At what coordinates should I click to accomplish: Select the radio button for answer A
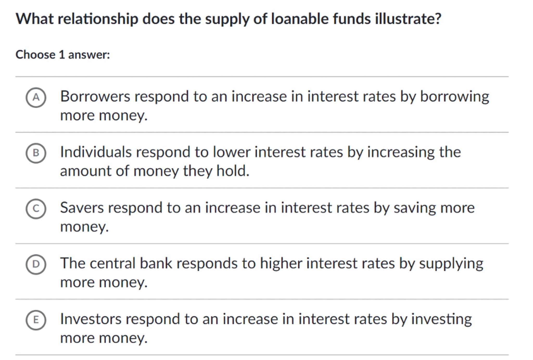36,97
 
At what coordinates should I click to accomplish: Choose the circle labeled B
36,153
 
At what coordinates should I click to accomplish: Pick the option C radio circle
36,209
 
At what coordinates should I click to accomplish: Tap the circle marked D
36,264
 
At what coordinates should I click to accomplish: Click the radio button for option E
36,320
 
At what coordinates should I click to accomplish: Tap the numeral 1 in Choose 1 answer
62,55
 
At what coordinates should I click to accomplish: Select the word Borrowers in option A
95,96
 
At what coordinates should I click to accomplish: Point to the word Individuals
96,152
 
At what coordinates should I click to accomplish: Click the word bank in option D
156,263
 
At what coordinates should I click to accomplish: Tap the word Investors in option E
91,319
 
